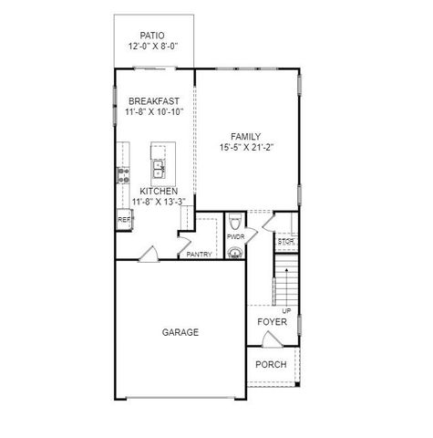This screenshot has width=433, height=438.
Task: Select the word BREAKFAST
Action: pyautogui.click(x=154, y=101)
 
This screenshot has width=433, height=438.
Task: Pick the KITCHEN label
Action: pyautogui.click(x=158, y=191)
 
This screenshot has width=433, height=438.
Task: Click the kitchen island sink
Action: pyautogui.click(x=160, y=168)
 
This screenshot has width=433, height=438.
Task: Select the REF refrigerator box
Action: pyautogui.click(x=123, y=220)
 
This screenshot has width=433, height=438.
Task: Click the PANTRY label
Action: pyautogui.click(x=200, y=255)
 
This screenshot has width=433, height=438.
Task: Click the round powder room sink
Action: pyautogui.click(x=235, y=253)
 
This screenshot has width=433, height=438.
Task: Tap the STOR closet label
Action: pyautogui.click(x=286, y=242)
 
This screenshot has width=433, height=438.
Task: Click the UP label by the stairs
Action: pyautogui.click(x=286, y=311)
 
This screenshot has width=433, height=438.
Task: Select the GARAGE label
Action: pyautogui.click(x=180, y=332)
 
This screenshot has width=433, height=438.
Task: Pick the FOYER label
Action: pyautogui.click(x=272, y=323)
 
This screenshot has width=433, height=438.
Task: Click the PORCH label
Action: pyautogui.click(x=271, y=364)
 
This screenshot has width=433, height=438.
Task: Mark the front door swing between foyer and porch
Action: pyautogui.click(x=271, y=340)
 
